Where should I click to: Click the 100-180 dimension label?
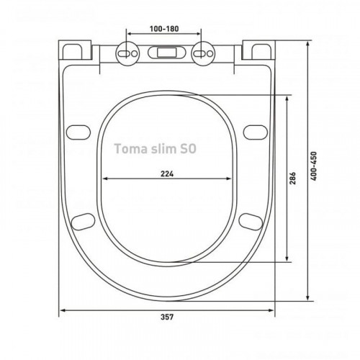point(164,29)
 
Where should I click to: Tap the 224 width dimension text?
point(167,174)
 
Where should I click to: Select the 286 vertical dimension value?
point(292,178)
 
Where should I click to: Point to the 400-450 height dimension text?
point(314,166)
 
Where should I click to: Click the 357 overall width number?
point(167,317)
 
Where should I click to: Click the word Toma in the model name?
point(131,148)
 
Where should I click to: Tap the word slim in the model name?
point(163,148)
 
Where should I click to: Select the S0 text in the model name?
point(188,148)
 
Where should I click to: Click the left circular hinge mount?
point(127,53)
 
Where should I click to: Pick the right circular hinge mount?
point(202,53)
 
